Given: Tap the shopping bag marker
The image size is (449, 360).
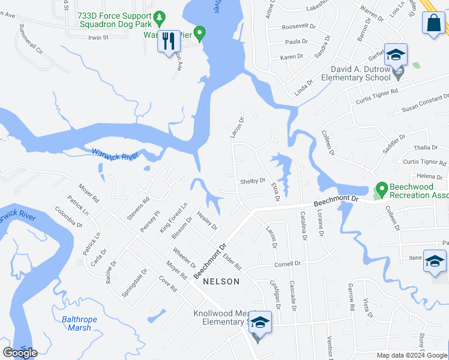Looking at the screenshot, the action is click(x=434, y=23).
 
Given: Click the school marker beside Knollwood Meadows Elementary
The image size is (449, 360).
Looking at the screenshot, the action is click(x=260, y=323).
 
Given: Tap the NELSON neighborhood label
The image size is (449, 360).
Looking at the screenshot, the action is click(x=221, y=281).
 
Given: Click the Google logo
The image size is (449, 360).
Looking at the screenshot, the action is click(x=20, y=353).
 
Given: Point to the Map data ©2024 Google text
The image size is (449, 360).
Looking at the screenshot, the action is click(x=411, y=355).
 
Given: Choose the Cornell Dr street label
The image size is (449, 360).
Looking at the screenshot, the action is click(x=287, y=264).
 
